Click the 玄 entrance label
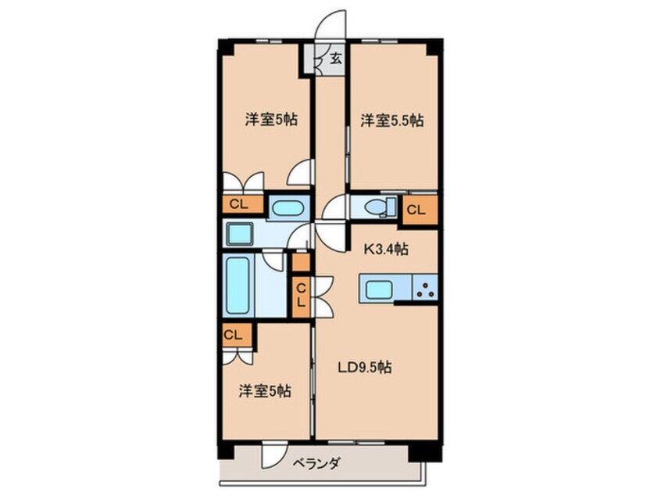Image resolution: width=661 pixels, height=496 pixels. tap(335, 58)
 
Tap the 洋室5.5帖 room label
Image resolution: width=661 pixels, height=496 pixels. tap(391, 121)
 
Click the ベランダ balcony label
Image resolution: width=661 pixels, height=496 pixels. tap(319, 463)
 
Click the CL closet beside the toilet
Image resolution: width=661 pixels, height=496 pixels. tap(416, 209)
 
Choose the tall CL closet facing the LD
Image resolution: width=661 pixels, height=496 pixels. tap(301, 296)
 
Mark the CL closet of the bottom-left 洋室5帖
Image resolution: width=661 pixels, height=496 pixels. tap(232, 335)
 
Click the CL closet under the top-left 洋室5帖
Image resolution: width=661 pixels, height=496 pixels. tap(239, 205)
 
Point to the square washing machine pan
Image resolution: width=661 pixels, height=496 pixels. tap(238, 232)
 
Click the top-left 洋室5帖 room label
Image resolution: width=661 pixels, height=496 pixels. tap(271, 120)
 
